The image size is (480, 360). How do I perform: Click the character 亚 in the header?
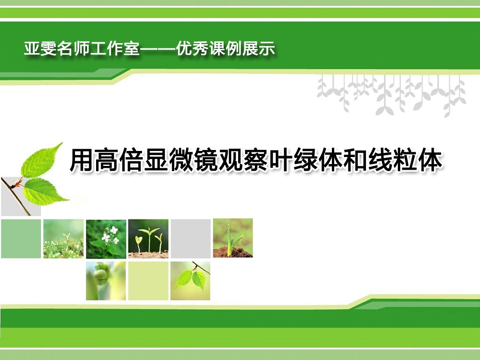coord(32,49)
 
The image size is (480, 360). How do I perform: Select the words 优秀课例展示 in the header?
coord(225,49)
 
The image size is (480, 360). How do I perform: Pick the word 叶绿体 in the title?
coord(306,160)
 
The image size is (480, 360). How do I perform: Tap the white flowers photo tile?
coord(106,239)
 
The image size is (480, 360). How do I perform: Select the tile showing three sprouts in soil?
coord(148,239)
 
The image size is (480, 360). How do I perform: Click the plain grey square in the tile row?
coord(191,239)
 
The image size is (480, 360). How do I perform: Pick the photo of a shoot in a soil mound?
coord(233,238)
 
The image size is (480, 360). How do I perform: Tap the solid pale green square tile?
coord(21,239)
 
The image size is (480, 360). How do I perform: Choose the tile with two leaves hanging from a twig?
coord(190,281)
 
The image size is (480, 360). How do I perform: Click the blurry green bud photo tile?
coord(106,281)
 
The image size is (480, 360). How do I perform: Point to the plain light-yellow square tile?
coord(148,281)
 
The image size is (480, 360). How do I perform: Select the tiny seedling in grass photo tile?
coord(63,239)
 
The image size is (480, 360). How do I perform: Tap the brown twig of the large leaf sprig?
coord(16,196)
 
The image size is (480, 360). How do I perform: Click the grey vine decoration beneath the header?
coord(391,95)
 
